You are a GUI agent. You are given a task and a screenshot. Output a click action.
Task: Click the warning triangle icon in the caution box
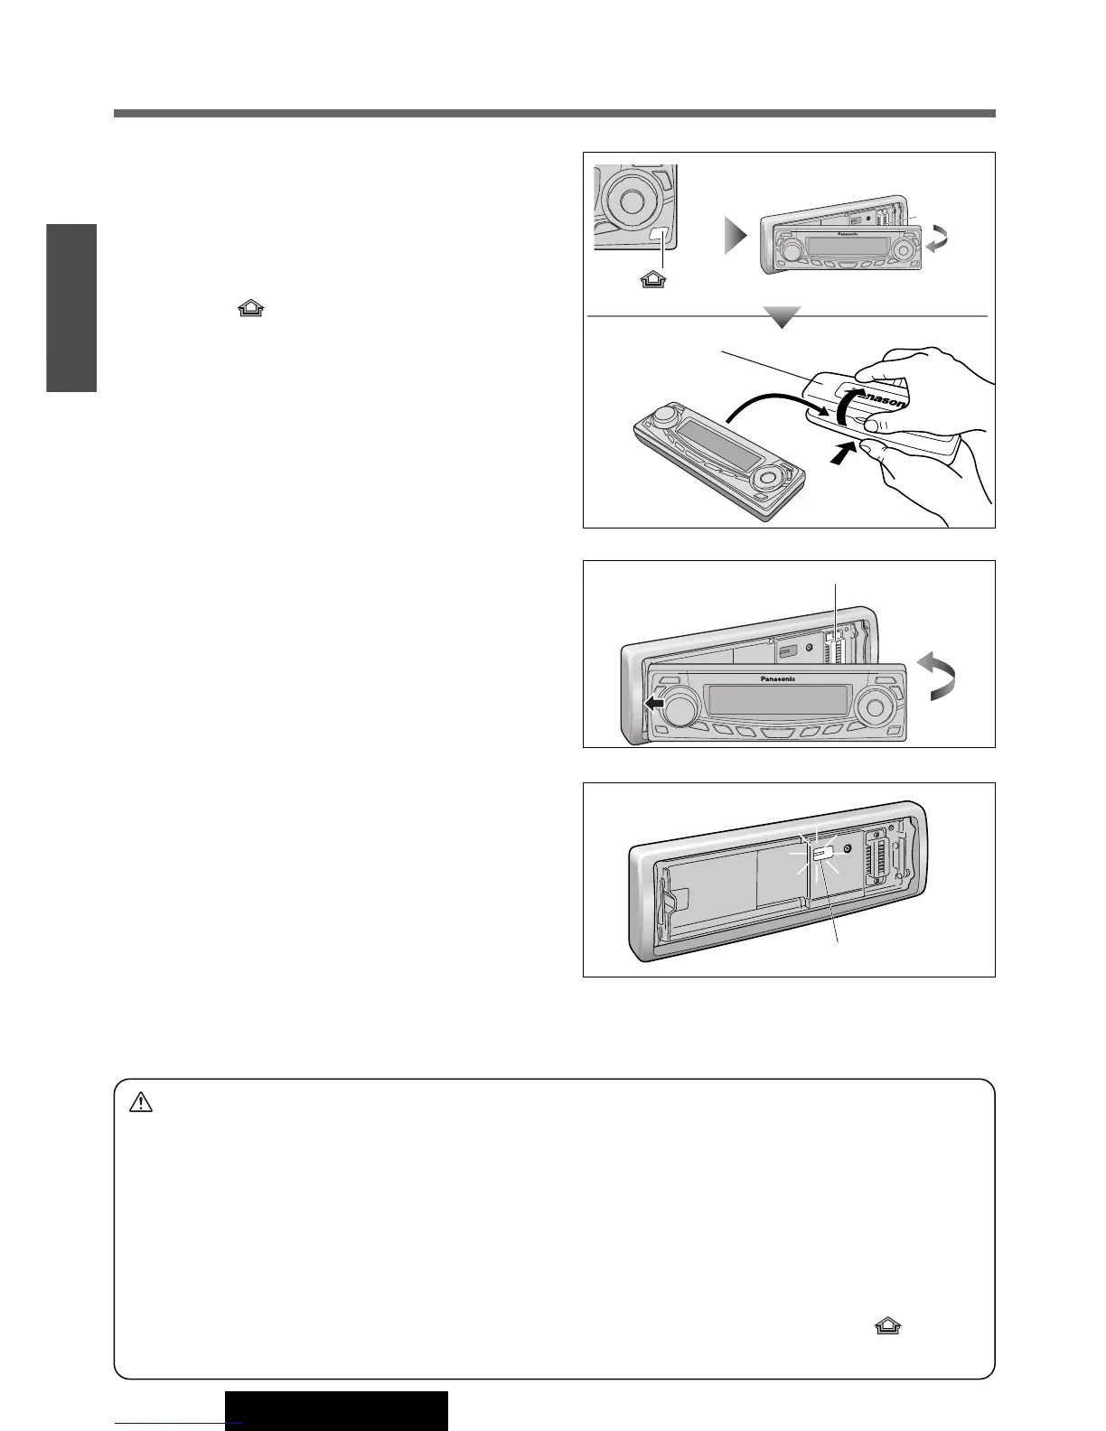(x=140, y=1103)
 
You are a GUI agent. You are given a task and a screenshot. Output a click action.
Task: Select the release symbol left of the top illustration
(x=251, y=310)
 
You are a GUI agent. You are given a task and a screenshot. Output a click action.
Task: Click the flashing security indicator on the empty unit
(x=822, y=853)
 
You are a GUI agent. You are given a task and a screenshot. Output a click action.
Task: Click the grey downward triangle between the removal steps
(x=781, y=317)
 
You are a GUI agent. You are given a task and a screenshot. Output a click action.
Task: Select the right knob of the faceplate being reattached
(x=874, y=704)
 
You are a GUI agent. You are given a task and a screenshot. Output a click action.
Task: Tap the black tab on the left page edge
(x=71, y=307)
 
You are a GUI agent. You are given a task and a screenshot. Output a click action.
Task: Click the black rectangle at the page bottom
(x=336, y=1411)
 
